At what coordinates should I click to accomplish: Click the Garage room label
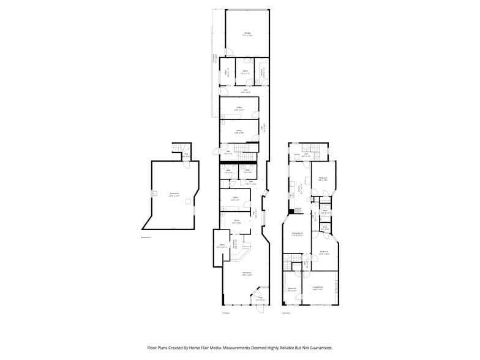click(247, 33)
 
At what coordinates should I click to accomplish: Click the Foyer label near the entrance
click(260, 299)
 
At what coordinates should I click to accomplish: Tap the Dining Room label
click(297, 233)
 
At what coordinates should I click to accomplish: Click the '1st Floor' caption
click(225, 313)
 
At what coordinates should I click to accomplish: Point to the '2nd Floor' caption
click(285, 313)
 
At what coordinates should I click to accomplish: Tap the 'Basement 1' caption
click(146, 236)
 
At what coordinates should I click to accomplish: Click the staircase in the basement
click(176, 150)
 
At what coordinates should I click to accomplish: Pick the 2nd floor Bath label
click(326, 211)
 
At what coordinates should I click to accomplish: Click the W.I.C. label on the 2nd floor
click(325, 228)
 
